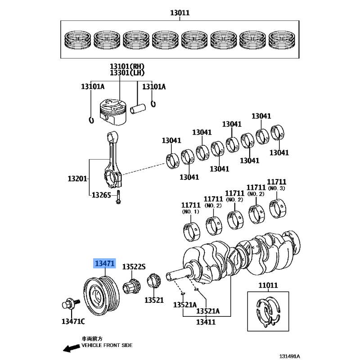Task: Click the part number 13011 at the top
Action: pyautogui.click(x=180, y=13)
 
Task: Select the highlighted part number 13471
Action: pyautogui.click(x=104, y=263)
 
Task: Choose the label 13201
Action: pyautogui.click(x=77, y=179)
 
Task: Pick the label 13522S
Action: pyautogui.click(x=134, y=267)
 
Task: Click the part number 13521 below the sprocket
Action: pyautogui.click(x=154, y=300)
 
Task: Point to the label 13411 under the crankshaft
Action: pyautogui.click(x=206, y=322)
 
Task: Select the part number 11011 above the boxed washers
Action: pyautogui.click(x=268, y=285)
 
